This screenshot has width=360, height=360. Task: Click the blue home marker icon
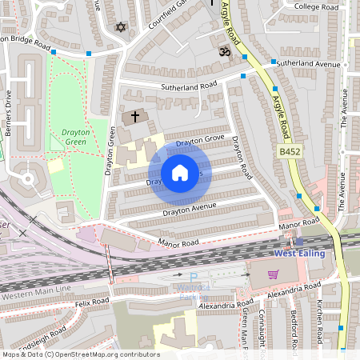click(x=180, y=173)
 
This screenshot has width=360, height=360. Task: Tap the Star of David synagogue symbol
click(x=122, y=27)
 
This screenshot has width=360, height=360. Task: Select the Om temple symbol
click(x=224, y=50)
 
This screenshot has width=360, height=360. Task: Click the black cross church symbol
click(x=134, y=117)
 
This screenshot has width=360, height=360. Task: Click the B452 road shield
click(x=289, y=150)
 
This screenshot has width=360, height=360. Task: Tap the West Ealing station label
click(x=302, y=254)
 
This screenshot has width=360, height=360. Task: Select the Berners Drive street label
click(x=7, y=112)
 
